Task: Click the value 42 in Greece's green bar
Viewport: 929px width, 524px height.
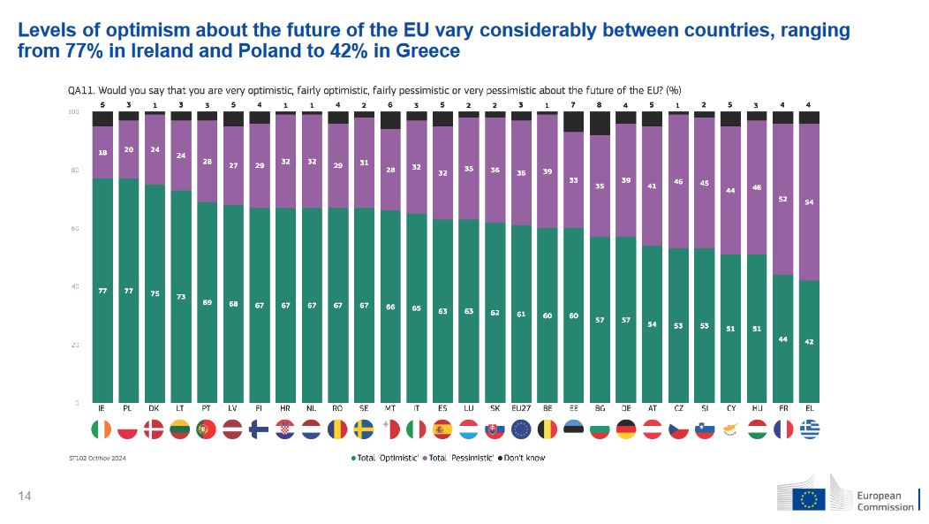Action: (809, 342)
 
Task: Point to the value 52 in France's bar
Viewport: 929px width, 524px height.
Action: (782, 199)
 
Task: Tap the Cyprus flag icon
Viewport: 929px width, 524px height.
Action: (730, 429)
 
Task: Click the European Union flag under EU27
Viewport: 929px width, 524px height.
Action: (521, 429)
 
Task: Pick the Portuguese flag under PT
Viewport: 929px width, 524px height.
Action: (207, 429)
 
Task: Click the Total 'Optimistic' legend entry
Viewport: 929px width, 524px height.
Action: (385, 459)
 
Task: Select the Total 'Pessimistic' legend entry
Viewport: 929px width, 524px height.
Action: (459, 459)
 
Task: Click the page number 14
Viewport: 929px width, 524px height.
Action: (25, 497)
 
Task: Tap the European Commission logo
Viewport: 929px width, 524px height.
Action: (848, 498)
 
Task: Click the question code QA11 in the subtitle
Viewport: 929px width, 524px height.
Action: (81, 89)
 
